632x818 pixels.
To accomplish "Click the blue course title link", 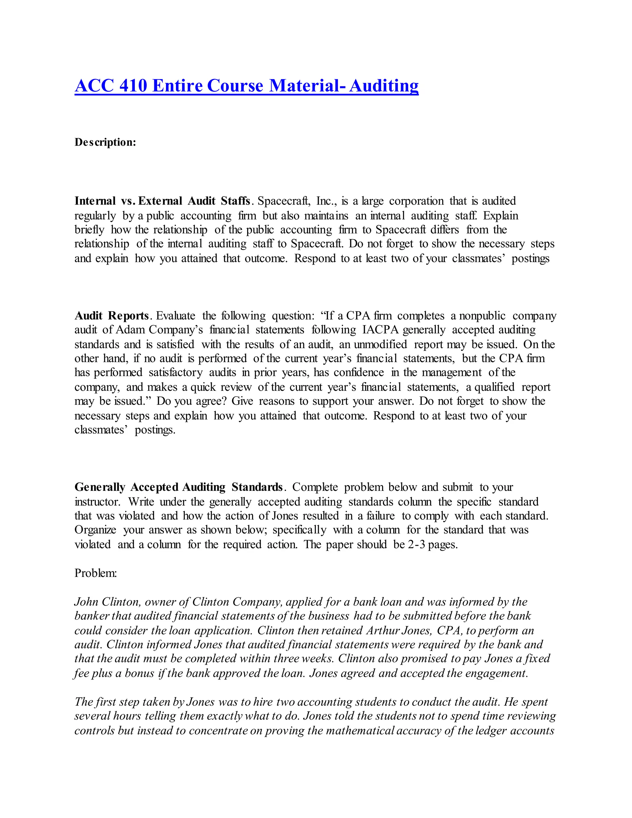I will coord(246,86).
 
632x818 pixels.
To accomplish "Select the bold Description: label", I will coord(105,142).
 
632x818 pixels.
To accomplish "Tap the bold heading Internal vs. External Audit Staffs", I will coord(162,201).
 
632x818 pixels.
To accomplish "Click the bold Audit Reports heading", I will coord(112,316).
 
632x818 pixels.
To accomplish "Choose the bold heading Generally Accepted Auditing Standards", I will coord(178,487).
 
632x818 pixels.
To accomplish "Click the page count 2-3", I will coord(416,544).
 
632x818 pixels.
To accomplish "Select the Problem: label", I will coord(96,573).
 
